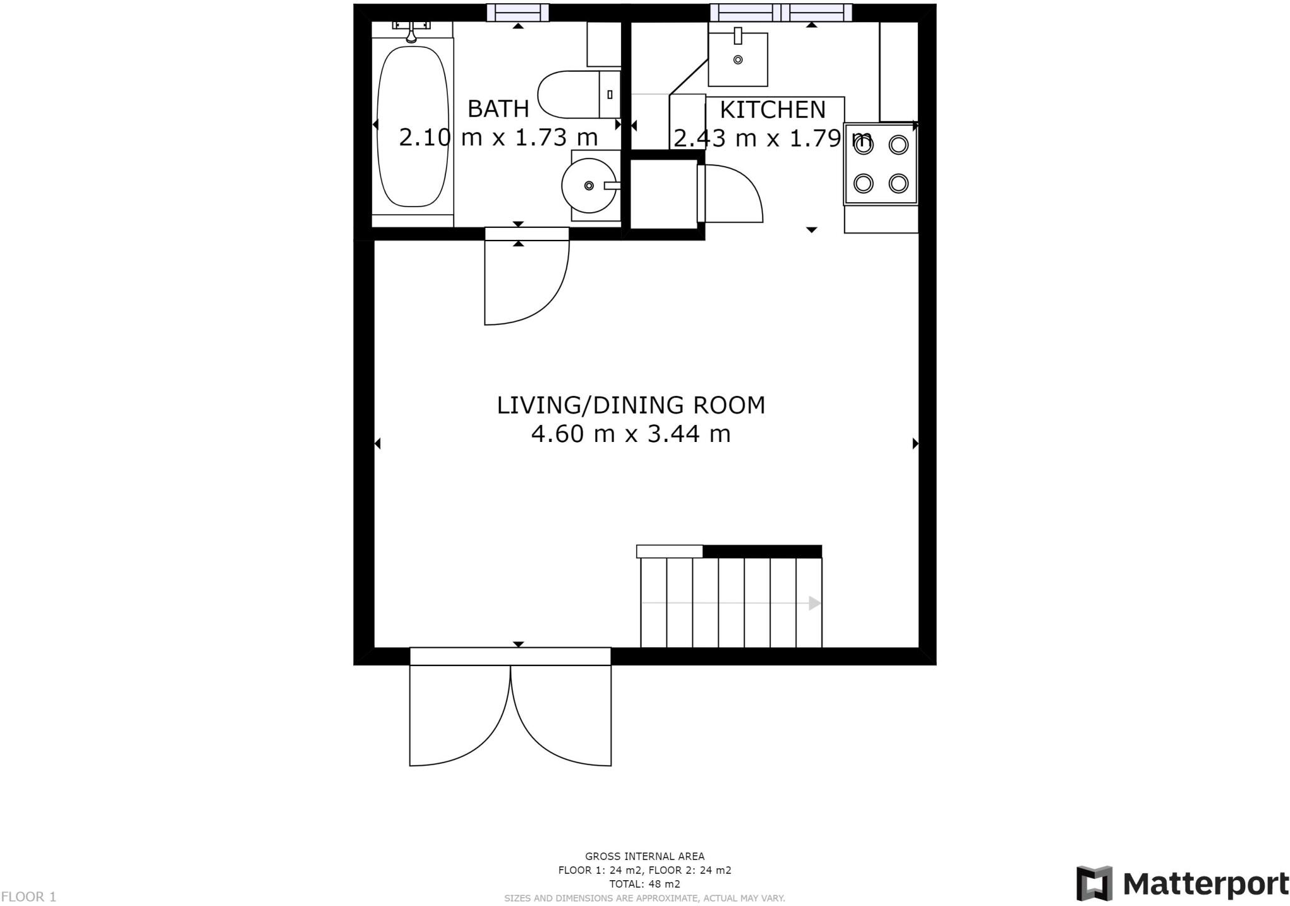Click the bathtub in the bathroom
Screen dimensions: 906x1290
[413, 126]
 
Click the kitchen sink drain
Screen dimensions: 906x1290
[738, 60]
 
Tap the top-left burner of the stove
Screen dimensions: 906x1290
[864, 145]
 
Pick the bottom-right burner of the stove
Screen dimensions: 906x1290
[898, 183]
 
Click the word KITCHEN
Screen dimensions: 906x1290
[772, 110]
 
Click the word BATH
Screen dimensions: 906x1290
[498, 109]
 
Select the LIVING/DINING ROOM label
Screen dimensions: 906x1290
[631, 405]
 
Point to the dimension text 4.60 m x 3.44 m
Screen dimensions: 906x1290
[631, 434]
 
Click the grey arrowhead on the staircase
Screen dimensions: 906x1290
[814, 603]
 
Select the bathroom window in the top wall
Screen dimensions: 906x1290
[518, 13]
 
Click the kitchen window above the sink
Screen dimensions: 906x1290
[781, 13]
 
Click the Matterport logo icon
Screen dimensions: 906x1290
[1095, 883]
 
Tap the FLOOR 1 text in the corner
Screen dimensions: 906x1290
[29, 897]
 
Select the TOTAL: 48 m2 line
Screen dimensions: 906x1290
[644, 884]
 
